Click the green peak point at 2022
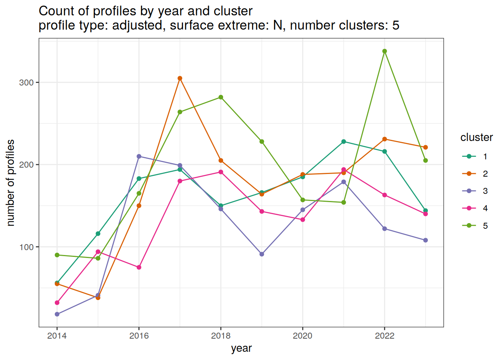(384, 51)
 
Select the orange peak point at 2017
(180, 78)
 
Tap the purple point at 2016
(139, 156)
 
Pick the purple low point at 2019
(262, 254)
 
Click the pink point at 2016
(139, 267)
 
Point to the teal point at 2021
(343, 142)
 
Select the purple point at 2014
(57, 314)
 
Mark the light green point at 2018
(221, 97)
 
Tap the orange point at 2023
(425, 147)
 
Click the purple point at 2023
(425, 240)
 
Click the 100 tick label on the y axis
(26, 247)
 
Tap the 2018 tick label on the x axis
(221, 336)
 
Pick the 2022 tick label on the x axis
(384, 336)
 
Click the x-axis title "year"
(241, 348)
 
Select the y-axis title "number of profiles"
(10, 183)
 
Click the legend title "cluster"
(476, 138)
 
